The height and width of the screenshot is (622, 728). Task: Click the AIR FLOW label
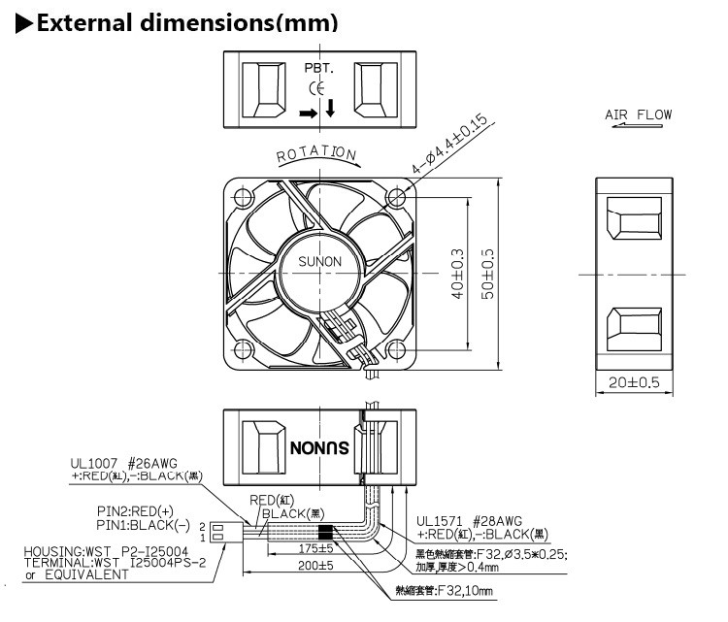click(x=638, y=115)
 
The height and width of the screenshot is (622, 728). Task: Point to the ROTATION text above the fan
click(x=316, y=155)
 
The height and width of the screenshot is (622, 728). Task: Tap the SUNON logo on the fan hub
click(x=319, y=261)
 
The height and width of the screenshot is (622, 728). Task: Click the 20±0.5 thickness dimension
click(x=633, y=382)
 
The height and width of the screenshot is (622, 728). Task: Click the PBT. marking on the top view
click(x=319, y=70)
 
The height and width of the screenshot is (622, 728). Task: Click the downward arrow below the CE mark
click(x=331, y=108)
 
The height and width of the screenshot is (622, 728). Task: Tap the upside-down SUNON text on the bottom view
click(x=318, y=447)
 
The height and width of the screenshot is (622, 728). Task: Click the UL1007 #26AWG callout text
click(x=124, y=463)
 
